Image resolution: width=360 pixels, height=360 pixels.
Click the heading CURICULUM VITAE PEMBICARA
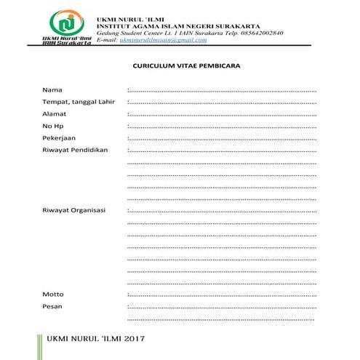coord(187,65)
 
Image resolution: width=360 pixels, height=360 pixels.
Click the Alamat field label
coord(55,113)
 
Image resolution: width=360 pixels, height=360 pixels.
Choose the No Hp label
coord(53,126)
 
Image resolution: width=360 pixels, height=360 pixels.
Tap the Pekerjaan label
coord(59,137)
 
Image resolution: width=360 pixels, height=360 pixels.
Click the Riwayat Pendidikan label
coord(75,150)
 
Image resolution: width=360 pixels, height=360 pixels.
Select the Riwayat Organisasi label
coord(74,210)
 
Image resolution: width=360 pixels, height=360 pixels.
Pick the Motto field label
coord(53,294)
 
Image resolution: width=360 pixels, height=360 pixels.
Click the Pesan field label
coord(52,306)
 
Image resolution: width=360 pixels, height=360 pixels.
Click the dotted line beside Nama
coord(222,90)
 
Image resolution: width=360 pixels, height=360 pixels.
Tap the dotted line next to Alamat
coord(222,114)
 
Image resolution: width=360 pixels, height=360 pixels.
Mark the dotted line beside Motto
coord(222,295)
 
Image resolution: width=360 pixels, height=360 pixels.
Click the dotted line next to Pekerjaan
coord(222,138)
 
